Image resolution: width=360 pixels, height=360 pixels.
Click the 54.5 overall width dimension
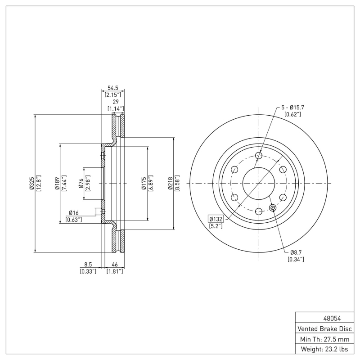112,89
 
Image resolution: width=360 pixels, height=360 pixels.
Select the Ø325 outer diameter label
31,184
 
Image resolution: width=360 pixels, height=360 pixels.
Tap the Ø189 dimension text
57,184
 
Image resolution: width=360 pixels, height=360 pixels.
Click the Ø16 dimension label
74,212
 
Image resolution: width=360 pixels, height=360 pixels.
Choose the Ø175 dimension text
143,184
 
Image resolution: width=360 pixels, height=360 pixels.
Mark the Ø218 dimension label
170,184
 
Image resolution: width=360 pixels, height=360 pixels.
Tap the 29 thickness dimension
115,102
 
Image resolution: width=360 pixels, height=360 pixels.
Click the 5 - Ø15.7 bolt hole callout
293,108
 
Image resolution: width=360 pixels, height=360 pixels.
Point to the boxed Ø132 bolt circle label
216,219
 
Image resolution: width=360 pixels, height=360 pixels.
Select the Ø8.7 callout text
296,252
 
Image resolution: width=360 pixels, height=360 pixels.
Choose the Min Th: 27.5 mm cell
324,338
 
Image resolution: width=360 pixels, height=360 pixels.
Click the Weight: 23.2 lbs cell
324,349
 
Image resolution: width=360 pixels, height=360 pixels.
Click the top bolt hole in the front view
258,156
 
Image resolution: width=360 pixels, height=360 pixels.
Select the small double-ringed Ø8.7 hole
272,207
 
